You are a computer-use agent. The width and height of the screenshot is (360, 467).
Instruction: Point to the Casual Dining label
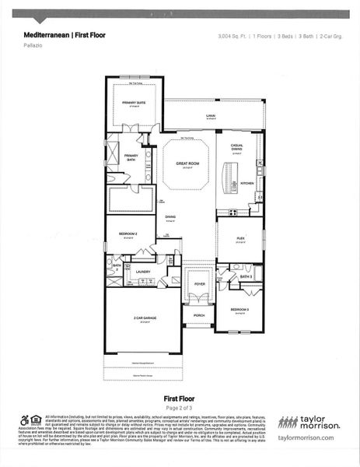pos(238,149)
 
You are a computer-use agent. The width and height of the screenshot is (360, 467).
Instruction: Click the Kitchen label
pos(246,184)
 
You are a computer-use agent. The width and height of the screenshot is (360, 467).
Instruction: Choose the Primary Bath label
pos(131,157)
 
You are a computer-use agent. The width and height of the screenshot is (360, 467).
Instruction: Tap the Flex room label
pos(240,238)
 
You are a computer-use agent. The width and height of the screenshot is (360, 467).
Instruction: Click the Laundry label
pos(142,272)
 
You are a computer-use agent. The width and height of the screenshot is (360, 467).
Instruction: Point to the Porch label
pos(199,314)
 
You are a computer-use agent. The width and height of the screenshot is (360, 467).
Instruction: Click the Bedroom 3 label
pos(240,310)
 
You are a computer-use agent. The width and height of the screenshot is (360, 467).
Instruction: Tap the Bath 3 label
pos(246,276)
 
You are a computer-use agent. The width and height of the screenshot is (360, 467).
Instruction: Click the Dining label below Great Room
pos(170,217)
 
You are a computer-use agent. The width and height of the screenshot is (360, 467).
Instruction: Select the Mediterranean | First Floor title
pos(65,35)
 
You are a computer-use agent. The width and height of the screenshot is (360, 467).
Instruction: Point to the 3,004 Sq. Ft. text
pos(229,36)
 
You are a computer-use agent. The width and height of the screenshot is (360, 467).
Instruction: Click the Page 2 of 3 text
pos(180,407)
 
